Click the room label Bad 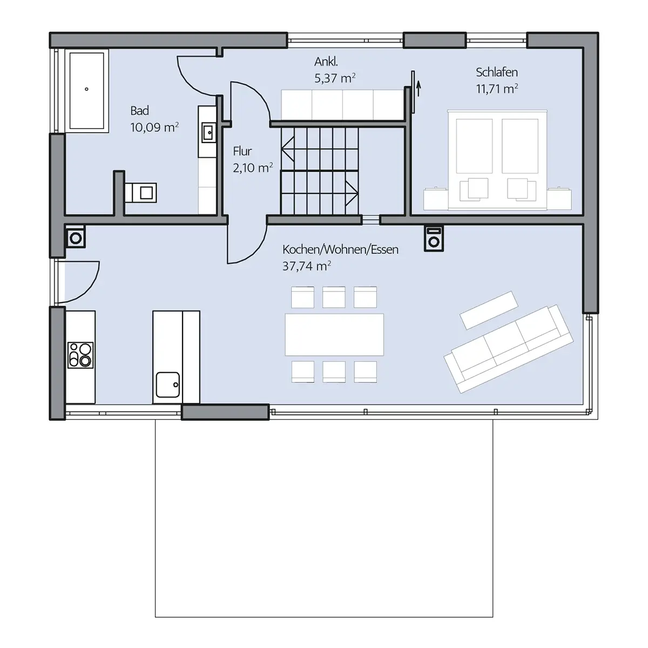click(x=139, y=111)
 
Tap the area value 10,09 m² click(x=154, y=127)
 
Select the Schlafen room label click(x=497, y=72)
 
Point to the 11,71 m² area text click(x=497, y=89)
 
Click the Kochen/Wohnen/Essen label click(x=340, y=250)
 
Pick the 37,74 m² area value click(x=307, y=266)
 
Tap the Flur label click(x=242, y=151)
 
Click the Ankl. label click(x=326, y=62)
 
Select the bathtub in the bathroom click(x=87, y=91)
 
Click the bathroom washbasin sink click(x=208, y=132)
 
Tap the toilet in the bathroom click(x=141, y=193)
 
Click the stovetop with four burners click(x=80, y=355)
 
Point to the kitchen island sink click(x=167, y=384)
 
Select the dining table click(x=334, y=335)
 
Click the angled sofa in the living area click(x=509, y=349)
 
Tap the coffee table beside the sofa click(x=489, y=310)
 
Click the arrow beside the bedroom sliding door click(x=418, y=88)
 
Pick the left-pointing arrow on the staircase click(x=288, y=148)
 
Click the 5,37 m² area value click(x=335, y=78)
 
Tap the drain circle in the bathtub click(x=87, y=89)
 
